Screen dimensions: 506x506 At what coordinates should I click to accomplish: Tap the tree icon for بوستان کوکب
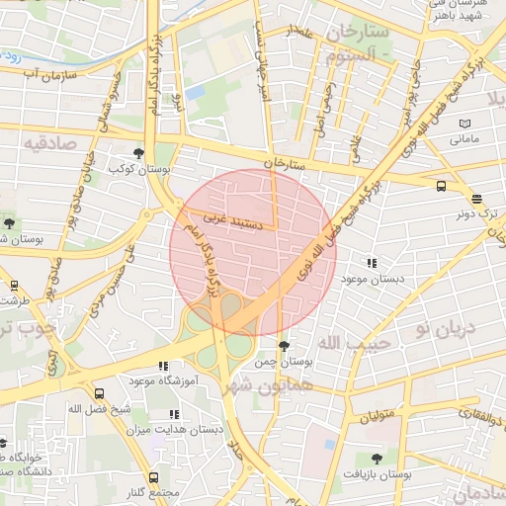coord(138,153)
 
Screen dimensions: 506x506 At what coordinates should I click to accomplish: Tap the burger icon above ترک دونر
coord(476,198)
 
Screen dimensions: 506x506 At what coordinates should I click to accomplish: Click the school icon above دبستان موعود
coord(372,263)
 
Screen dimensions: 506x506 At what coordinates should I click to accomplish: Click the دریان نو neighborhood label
coord(445,327)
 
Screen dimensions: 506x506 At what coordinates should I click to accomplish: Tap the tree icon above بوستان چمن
coord(285,346)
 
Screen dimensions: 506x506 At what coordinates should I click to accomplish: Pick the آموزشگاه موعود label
coord(164,379)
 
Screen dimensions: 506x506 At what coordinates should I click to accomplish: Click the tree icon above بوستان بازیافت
coord(376,459)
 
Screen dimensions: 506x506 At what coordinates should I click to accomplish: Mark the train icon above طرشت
coord(14,286)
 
